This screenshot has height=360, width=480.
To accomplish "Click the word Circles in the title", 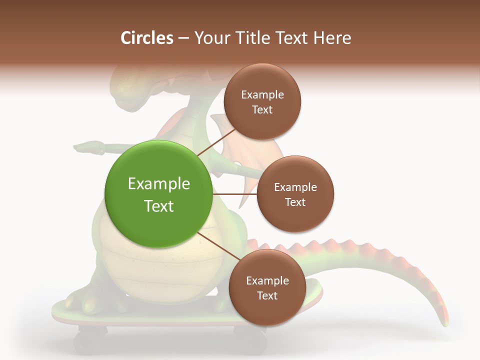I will tap(146, 38).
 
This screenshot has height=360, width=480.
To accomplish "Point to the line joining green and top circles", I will tap(217, 141).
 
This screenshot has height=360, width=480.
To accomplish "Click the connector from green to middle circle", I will tap(234, 194).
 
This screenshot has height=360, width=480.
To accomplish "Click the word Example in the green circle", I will tap(158, 184).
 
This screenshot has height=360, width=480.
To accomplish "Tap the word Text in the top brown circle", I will tap(262, 110).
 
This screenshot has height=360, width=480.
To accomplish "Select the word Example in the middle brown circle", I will tap(295, 187).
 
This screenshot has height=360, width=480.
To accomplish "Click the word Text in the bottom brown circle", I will tap(267, 296).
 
